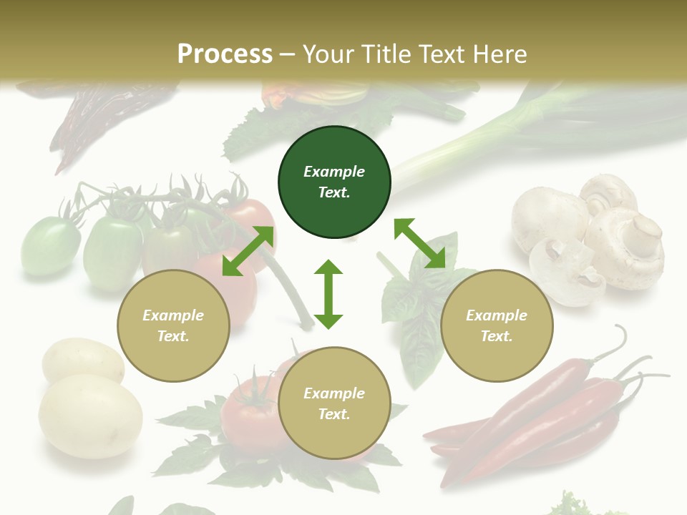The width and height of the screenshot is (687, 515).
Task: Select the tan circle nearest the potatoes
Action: point(173,325)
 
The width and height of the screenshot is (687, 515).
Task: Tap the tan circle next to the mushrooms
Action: point(497,325)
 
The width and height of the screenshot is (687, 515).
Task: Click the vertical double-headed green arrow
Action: point(328,294)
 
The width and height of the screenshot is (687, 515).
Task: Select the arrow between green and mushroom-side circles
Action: point(419,243)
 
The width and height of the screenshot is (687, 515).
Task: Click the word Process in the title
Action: point(225,54)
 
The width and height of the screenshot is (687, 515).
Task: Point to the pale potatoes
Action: point(86,401)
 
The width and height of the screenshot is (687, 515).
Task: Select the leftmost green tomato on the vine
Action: point(50,247)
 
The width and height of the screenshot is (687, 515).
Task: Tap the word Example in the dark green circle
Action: point(334,172)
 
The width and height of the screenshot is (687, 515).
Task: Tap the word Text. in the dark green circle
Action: point(334,192)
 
